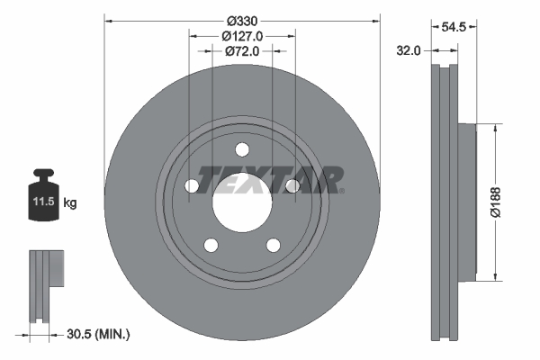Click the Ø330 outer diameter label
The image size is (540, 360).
[242, 20]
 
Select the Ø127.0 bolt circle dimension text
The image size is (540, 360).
[242, 36]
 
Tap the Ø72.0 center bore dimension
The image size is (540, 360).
[242, 51]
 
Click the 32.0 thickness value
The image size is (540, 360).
[409, 51]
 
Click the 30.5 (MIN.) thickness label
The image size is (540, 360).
[99, 335]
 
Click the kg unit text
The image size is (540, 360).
[70, 203]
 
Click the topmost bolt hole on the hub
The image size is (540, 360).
[242, 150]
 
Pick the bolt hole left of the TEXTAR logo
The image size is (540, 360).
[192, 185]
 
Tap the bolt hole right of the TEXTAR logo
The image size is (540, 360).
[292, 185]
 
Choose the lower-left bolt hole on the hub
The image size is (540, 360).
[211, 245]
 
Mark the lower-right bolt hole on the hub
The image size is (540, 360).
[273, 245]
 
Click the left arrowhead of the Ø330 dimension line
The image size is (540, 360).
[108, 20]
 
